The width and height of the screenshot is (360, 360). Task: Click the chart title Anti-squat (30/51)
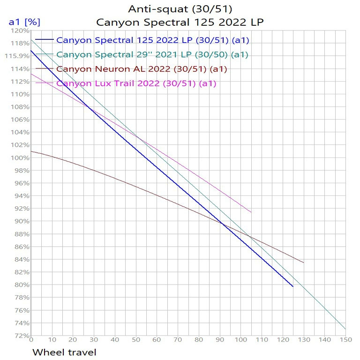(x=180, y=8)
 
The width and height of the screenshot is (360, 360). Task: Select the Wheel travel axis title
(x=64, y=351)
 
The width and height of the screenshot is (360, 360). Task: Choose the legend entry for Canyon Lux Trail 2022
(x=136, y=83)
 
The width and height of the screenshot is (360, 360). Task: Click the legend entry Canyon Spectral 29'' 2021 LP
(x=152, y=54)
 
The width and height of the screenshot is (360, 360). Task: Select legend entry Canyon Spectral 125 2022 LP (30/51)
(x=152, y=40)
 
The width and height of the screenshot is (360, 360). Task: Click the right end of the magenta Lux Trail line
(x=251, y=212)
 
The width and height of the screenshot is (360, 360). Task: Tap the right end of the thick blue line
(x=293, y=286)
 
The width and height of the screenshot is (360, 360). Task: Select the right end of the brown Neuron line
(x=304, y=262)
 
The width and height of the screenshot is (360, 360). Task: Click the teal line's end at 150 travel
(x=345, y=329)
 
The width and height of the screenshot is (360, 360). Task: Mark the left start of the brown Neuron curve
(x=31, y=151)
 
